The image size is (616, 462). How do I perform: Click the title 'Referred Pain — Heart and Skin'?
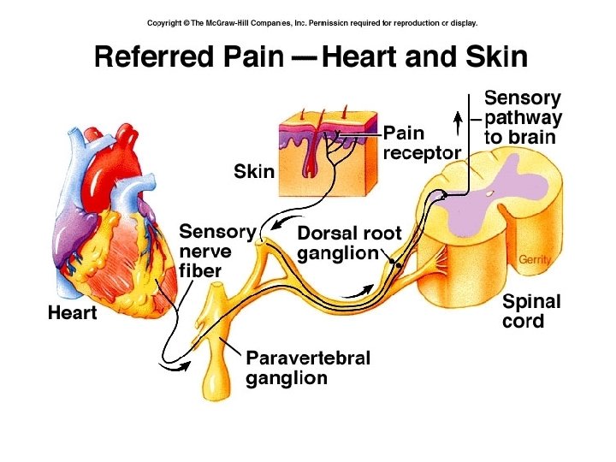coord(311,58)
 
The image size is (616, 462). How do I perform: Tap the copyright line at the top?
coord(312,23)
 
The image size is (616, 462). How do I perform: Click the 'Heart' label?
coord(72,313)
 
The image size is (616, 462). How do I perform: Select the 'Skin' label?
coord(254,172)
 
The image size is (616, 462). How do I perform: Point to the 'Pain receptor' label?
coord(422,142)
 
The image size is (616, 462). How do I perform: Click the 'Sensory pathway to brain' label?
coord(523,117)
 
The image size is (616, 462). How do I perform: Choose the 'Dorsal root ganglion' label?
coord(348,243)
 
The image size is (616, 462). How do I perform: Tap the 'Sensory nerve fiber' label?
coord(216,251)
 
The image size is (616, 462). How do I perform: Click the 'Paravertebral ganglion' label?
coord(308,368)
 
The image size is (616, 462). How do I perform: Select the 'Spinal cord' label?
coord(531,311)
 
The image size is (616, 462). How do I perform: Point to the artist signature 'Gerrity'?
coord(534,259)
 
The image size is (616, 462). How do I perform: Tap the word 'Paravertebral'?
coord(308,358)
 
